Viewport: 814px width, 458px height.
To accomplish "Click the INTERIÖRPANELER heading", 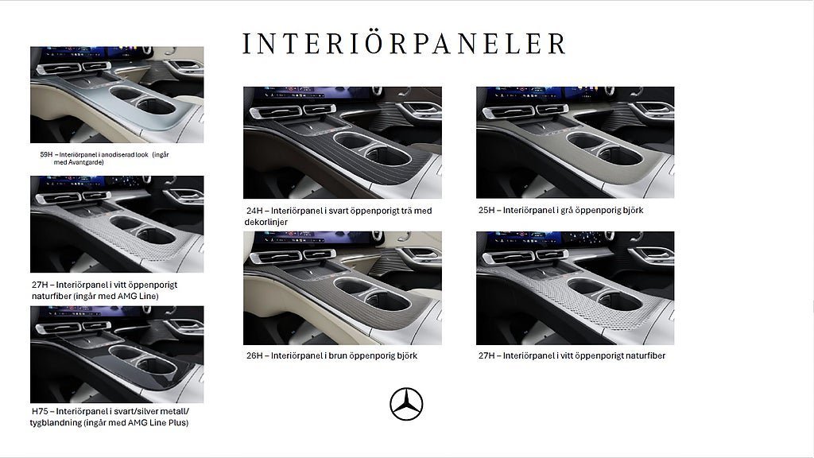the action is point(404,44).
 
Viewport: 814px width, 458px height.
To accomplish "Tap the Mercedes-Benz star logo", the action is point(406,404).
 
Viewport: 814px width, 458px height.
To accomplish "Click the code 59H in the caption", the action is point(46,154).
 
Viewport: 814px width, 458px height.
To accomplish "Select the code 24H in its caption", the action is point(254,211).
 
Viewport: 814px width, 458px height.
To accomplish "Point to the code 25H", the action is point(486,210).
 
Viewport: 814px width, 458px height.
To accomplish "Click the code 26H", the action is point(254,355).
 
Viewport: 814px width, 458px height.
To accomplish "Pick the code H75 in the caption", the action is point(40,411).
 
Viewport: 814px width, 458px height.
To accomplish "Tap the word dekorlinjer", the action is point(266,223).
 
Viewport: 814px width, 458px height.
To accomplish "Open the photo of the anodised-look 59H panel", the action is point(117,95).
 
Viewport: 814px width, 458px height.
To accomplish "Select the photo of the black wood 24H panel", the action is point(343,142).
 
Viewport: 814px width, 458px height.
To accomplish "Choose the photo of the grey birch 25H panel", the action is point(576,142).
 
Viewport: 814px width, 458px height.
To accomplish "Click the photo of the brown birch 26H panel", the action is point(343,288).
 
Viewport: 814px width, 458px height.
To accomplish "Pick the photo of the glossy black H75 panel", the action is point(117,354).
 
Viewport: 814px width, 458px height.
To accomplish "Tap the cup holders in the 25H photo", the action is point(605,149).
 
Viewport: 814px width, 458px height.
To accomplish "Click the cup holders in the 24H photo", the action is point(372,149).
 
